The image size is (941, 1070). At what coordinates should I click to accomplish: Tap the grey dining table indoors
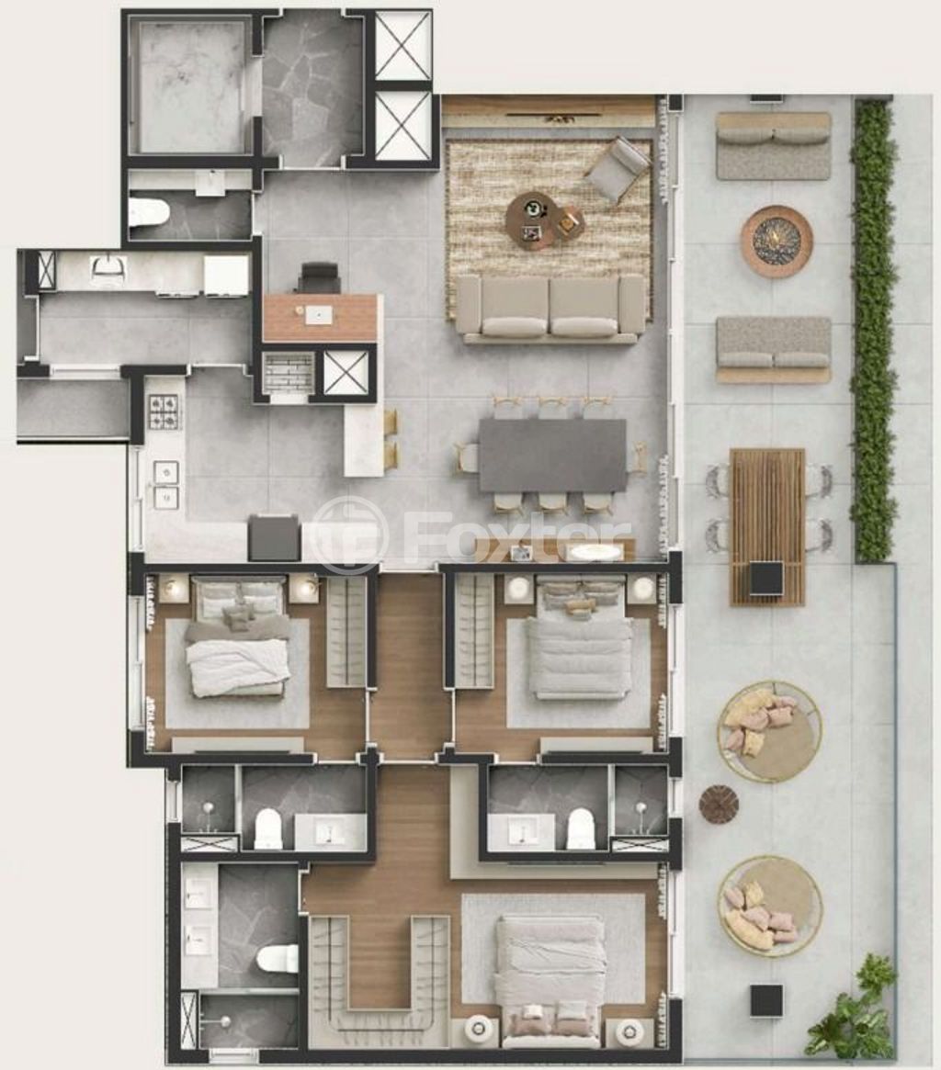tap(552, 454)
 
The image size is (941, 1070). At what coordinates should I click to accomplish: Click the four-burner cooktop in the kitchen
tap(164, 412)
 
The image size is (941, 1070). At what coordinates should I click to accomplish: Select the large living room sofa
tap(550, 310)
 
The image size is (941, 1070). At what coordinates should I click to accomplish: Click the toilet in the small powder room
tap(150, 213)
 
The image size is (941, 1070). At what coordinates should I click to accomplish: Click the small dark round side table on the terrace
tap(719, 803)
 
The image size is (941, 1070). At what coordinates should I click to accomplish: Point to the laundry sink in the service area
tap(108, 269)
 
